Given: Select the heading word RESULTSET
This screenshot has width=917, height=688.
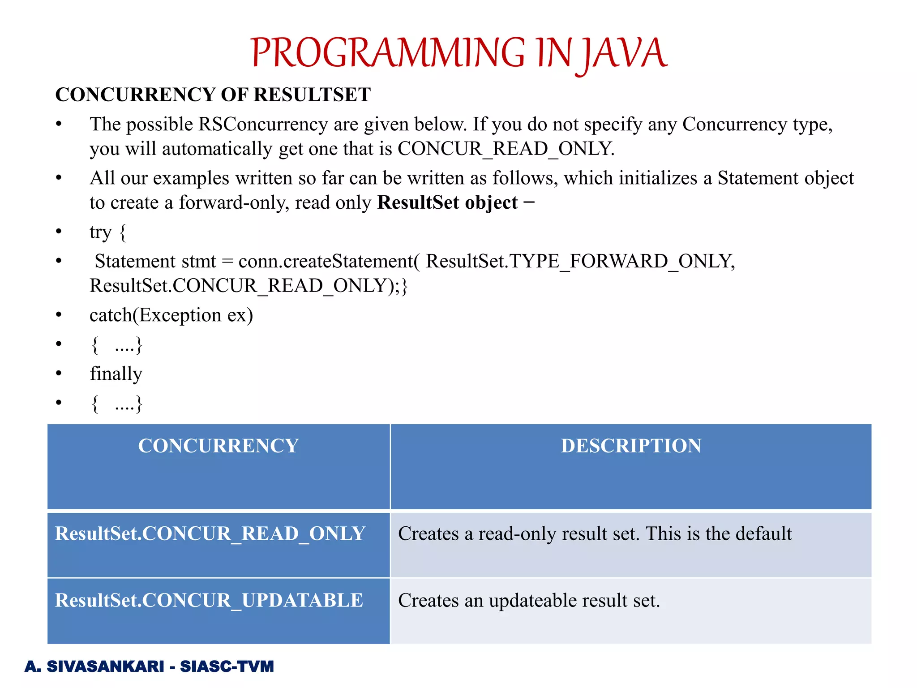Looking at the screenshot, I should (312, 95).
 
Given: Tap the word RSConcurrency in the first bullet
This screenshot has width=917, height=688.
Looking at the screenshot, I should (263, 125).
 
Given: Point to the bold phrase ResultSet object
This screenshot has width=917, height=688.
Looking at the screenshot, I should (447, 203).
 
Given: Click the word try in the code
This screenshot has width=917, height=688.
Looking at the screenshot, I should (100, 232).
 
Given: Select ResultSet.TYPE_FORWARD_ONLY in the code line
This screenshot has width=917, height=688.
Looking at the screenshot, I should (580, 261).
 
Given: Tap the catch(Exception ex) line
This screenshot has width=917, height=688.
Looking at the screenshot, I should (171, 315).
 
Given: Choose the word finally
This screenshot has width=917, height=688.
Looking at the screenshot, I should (116, 374).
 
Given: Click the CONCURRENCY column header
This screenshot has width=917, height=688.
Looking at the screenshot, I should (218, 446).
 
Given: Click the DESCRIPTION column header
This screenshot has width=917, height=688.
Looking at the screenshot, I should (631, 446).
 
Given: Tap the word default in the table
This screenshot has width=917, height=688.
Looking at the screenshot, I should (764, 533).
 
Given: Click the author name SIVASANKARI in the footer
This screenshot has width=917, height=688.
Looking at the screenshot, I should (106, 666).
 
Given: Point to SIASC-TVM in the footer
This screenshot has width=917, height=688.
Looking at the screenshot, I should (227, 666).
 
